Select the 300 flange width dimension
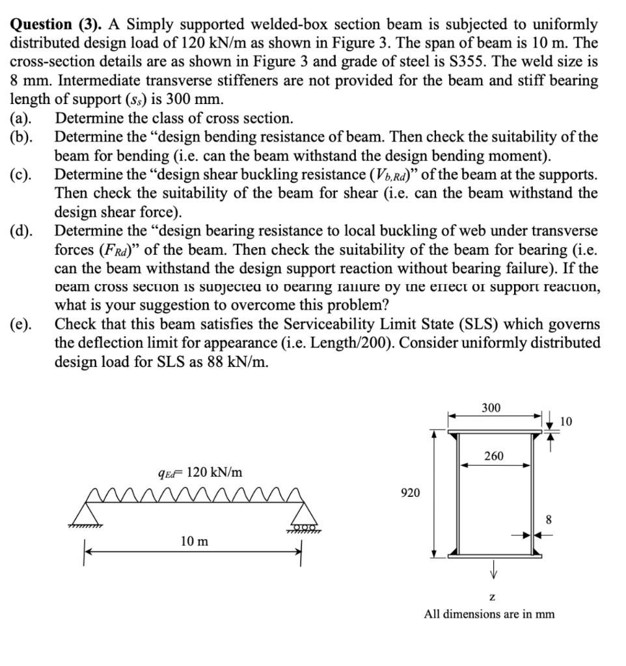tap(491, 408)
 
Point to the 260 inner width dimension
tap(494, 456)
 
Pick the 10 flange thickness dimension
tap(565, 422)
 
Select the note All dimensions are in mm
tap(489, 613)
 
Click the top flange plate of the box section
tap(493, 430)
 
